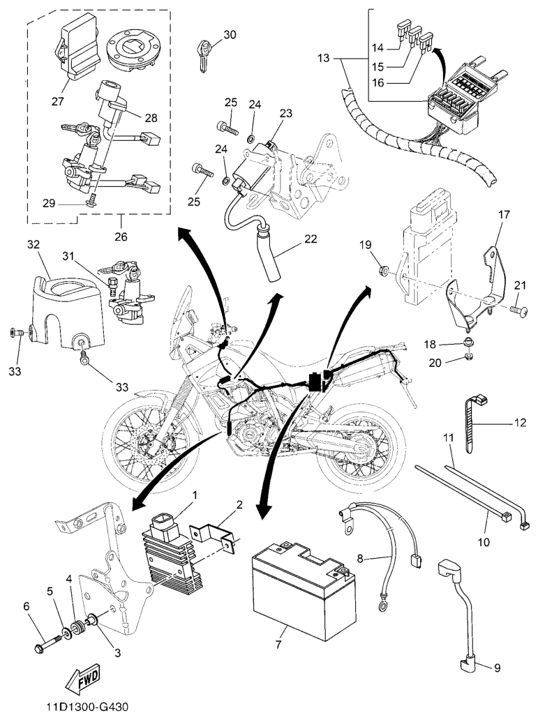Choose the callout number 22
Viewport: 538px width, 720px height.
(310, 239)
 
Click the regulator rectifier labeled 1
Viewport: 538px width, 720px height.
(171, 551)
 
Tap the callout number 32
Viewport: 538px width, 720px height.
(33, 245)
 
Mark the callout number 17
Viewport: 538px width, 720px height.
(503, 216)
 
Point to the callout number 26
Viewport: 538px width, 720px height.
(121, 236)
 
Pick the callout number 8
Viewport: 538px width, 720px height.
(360, 557)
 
